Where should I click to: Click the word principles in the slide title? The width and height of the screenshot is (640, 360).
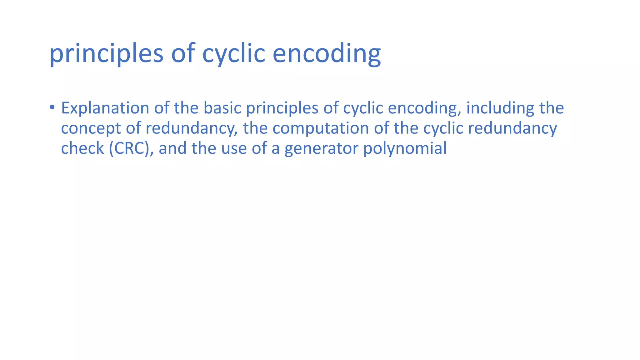click(106, 54)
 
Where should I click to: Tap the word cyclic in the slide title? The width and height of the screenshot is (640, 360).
click(233, 54)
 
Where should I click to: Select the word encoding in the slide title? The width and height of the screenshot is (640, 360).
click(327, 54)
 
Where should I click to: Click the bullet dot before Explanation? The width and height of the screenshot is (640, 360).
click(52, 107)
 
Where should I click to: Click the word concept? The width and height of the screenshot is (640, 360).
click(91, 129)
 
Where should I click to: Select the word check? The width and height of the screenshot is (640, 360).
click(82, 148)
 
